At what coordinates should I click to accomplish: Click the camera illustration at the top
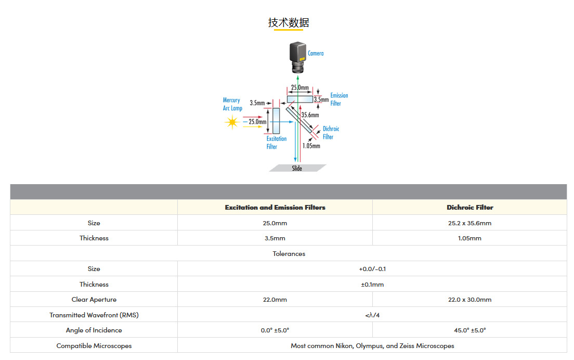point(298,57)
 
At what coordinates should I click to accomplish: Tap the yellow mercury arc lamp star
point(231,122)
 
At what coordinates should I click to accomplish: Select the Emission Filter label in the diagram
point(339,99)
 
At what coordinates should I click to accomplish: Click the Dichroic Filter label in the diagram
point(331,133)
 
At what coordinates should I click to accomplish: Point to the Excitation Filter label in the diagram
point(276,143)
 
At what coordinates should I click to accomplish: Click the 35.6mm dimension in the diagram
point(310,115)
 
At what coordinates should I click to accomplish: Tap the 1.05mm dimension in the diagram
point(311,146)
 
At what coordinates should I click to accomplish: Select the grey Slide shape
point(297,168)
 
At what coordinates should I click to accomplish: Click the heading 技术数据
point(289,22)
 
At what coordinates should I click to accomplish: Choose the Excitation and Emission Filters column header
point(275,207)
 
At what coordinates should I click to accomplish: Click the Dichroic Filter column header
point(469,207)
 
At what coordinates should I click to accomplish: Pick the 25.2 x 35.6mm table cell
point(469,223)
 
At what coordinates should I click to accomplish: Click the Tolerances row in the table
point(289,253)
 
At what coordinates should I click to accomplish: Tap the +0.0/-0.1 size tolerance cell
point(372,269)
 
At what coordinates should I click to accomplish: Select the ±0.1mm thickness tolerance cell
point(372,284)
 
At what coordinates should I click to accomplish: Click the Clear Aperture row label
point(94,300)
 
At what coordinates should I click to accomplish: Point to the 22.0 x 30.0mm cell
point(469,300)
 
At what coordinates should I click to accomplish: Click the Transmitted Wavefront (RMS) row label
point(94,315)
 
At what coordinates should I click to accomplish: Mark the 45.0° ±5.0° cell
point(469,330)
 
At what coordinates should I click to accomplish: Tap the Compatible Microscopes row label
point(94,345)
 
